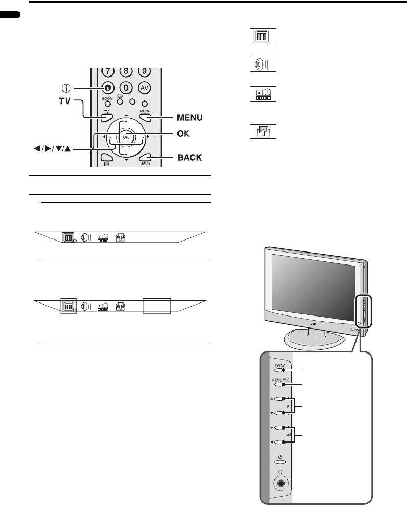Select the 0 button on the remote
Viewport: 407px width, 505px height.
[125, 88]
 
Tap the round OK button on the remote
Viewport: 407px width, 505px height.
[125, 137]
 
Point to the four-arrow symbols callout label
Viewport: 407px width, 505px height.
[51, 149]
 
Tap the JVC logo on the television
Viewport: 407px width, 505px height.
[313, 324]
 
